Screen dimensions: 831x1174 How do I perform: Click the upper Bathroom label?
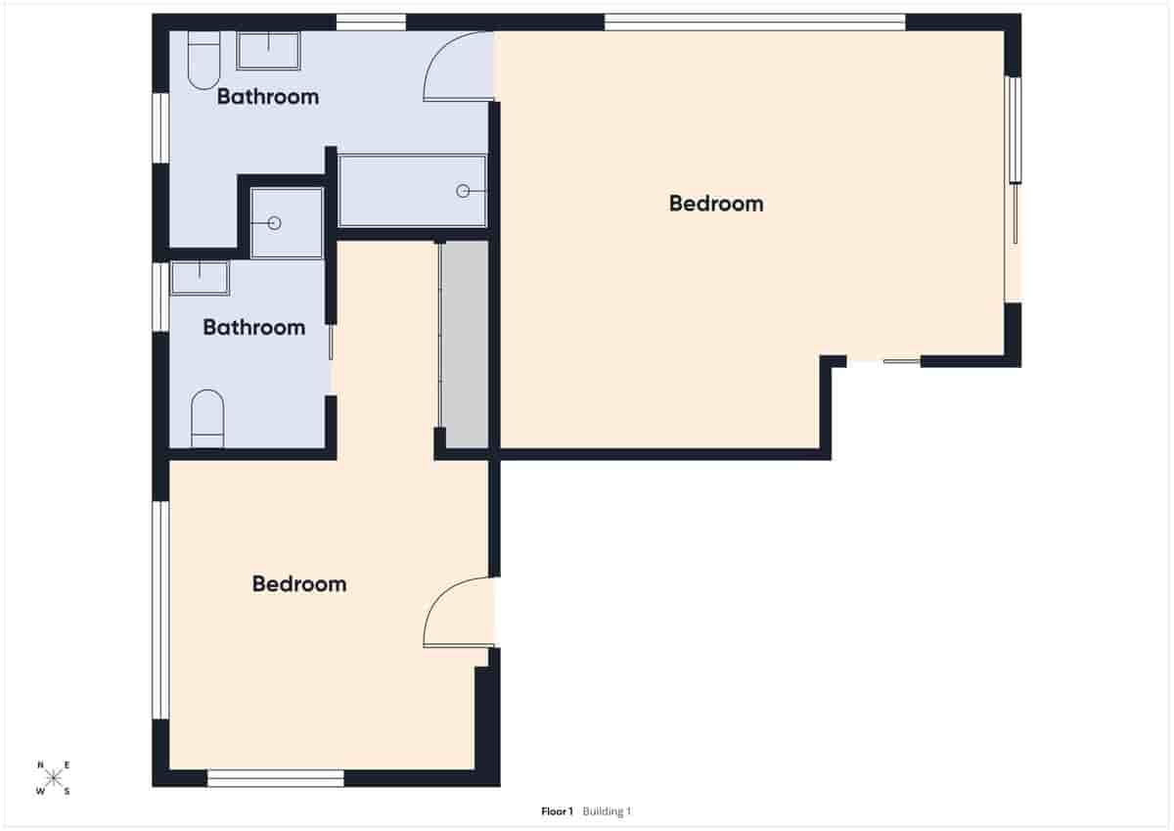pyautogui.click(x=267, y=97)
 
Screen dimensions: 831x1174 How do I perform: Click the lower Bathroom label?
pyautogui.click(x=253, y=328)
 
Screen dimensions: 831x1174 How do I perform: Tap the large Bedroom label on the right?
pyautogui.click(x=716, y=204)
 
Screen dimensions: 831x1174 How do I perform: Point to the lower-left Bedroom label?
pyautogui.click(x=298, y=584)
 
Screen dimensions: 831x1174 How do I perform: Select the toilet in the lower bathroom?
pyautogui.click(x=207, y=419)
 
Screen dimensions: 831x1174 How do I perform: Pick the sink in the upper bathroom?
pyautogui.click(x=268, y=51)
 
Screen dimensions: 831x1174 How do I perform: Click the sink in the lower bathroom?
pyautogui.click(x=200, y=278)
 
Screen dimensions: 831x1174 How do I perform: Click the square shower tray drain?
pyautogui.click(x=274, y=223)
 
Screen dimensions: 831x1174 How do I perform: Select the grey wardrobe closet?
pyautogui.click(x=464, y=345)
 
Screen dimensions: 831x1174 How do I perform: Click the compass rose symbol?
pyautogui.click(x=54, y=778)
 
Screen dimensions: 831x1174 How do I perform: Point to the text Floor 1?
pyautogui.click(x=557, y=811)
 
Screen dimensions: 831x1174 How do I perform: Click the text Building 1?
pyautogui.click(x=608, y=811)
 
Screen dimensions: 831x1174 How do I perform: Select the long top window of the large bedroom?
pyautogui.click(x=754, y=22)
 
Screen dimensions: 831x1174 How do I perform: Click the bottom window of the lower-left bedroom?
pyautogui.click(x=276, y=778)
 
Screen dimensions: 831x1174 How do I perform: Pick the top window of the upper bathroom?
pyautogui.click(x=371, y=22)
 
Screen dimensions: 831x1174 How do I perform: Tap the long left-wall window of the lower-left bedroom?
pyautogui.click(x=160, y=610)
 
